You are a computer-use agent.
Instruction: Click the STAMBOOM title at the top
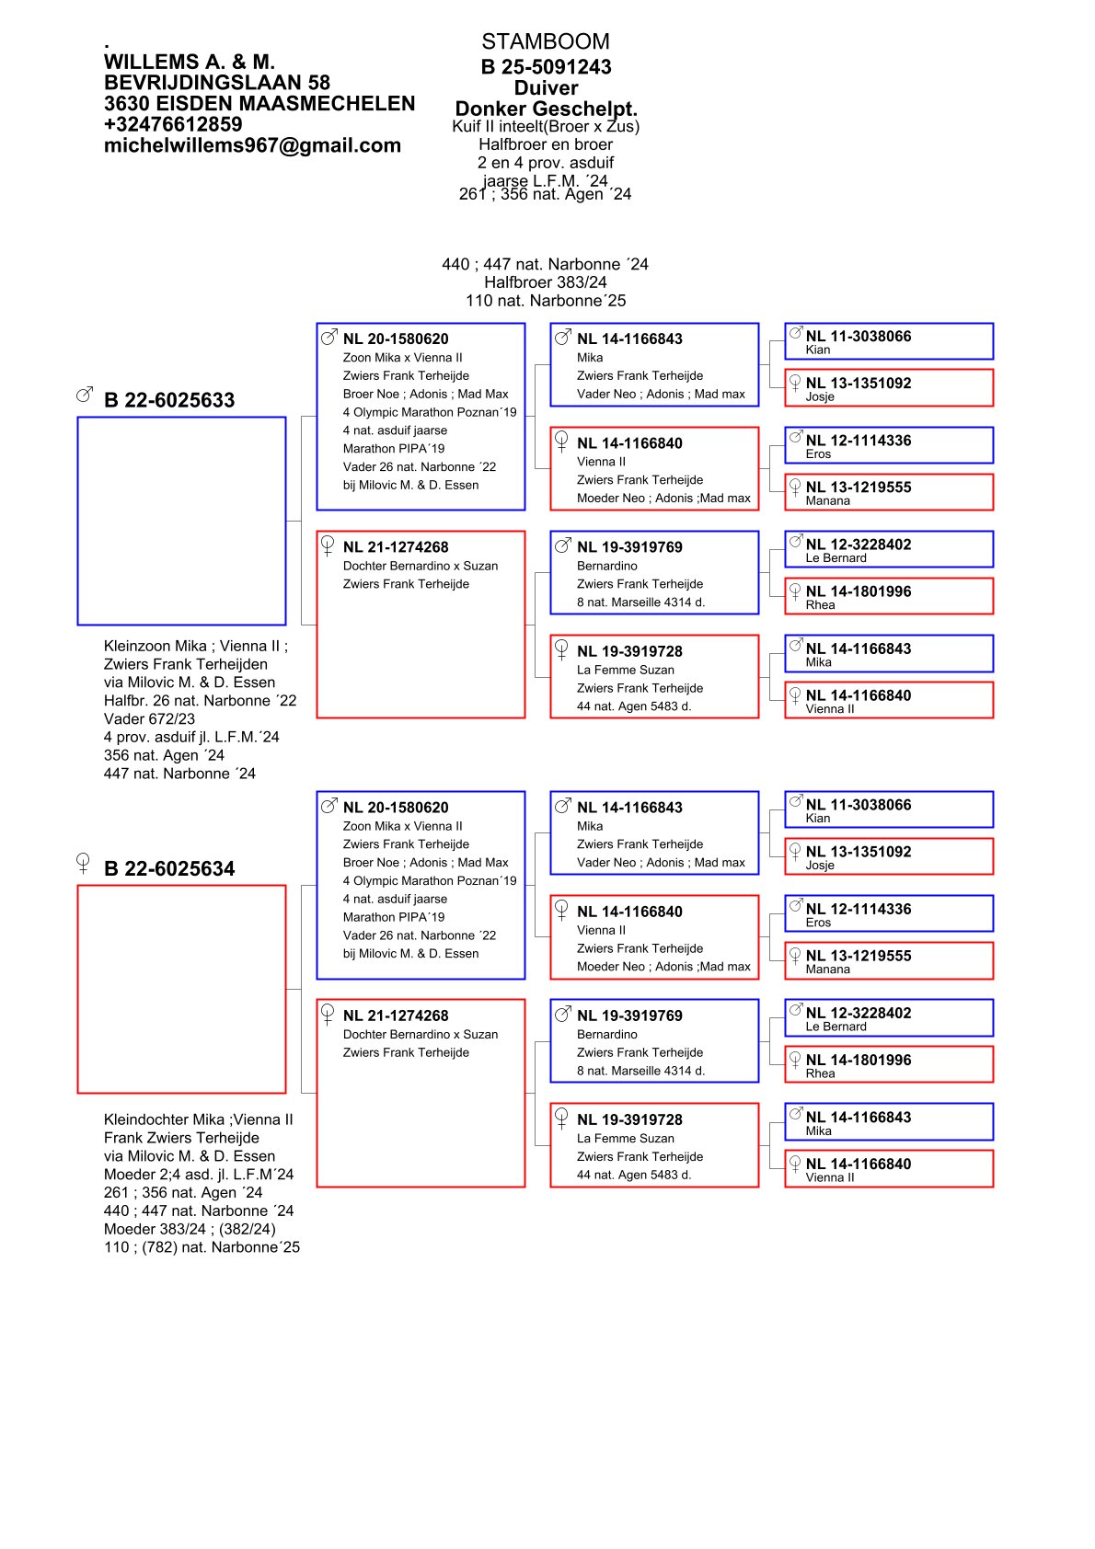[x=545, y=41]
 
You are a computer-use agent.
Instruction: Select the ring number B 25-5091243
[x=546, y=66]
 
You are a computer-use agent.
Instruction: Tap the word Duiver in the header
[x=546, y=88]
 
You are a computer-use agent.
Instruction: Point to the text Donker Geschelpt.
[x=546, y=109]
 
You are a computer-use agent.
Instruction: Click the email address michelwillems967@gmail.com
[x=252, y=145]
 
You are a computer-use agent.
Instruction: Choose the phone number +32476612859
[x=173, y=124]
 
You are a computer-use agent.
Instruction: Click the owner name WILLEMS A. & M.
[x=190, y=62]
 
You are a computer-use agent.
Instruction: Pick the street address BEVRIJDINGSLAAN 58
[x=216, y=83]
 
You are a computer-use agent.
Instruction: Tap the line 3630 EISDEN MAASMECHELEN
[x=259, y=104]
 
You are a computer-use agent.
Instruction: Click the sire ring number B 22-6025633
[x=169, y=400]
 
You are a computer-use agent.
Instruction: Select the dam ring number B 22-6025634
[x=169, y=868]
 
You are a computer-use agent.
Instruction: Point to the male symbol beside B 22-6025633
[x=85, y=395]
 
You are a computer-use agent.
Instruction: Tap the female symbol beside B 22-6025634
[x=83, y=863]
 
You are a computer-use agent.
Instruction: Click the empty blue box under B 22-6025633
[x=181, y=521]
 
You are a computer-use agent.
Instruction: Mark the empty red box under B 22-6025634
[x=181, y=989]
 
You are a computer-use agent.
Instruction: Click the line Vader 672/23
[x=149, y=718]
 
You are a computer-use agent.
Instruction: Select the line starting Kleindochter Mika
[x=198, y=1119]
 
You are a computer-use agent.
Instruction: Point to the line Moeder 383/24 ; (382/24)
[x=190, y=1229]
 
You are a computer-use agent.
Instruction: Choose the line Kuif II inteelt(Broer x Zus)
[x=546, y=127]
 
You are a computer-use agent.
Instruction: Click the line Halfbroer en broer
[x=546, y=144]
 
